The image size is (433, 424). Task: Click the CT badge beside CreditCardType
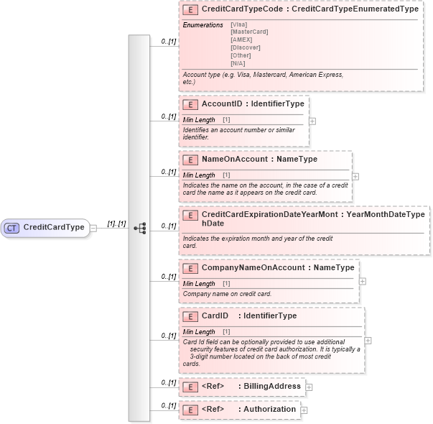[x=12, y=228]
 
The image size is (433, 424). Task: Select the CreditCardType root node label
[x=54, y=228]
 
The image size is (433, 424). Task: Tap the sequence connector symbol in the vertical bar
[x=139, y=228]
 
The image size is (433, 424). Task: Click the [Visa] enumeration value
[x=238, y=24]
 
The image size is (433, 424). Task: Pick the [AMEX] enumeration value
[x=241, y=40]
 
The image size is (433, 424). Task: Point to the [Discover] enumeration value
[x=244, y=47]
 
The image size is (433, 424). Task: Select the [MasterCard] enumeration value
[x=248, y=32]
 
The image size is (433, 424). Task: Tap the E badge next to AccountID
[x=190, y=104]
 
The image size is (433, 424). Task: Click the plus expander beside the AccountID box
[x=312, y=121]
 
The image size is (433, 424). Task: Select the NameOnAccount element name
[x=235, y=160]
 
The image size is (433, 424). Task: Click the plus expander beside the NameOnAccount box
[x=355, y=176]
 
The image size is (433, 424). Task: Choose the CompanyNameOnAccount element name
[x=253, y=268]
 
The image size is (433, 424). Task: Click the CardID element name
[x=215, y=315]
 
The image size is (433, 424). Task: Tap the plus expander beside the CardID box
[x=368, y=341]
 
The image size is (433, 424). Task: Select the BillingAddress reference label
[x=272, y=387]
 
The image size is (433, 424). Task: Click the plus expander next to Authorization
[x=304, y=410]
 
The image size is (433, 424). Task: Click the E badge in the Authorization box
[x=190, y=410]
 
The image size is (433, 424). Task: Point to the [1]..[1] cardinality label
[x=116, y=223]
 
